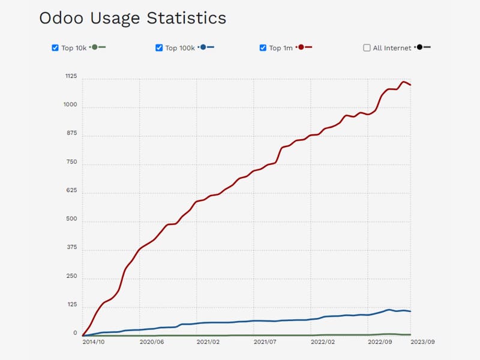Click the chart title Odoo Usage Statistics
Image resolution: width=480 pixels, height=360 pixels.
[x=133, y=18]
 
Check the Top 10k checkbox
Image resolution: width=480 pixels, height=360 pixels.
[x=55, y=48]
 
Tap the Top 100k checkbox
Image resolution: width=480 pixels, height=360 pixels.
[x=159, y=48]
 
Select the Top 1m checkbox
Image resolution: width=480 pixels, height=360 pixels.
[x=263, y=48]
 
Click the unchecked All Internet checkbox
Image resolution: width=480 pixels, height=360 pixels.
[x=367, y=48]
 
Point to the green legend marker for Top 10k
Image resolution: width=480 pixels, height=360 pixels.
[x=95, y=47]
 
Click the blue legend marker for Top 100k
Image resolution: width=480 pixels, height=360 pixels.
[x=203, y=47]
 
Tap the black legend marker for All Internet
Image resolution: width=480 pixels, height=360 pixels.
[x=419, y=47]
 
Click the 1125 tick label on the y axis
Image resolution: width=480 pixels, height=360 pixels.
[x=71, y=76]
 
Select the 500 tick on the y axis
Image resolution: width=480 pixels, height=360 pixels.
[x=71, y=219]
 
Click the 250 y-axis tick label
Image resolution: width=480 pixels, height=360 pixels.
[x=71, y=276]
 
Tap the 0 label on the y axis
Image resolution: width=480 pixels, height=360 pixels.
[x=75, y=333]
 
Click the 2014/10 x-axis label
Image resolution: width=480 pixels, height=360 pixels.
[x=94, y=341]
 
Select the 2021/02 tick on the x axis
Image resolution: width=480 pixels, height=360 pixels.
[x=208, y=341]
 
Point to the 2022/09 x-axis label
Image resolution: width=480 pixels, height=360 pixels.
[x=379, y=341]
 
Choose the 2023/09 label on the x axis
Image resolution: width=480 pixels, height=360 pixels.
[x=422, y=341]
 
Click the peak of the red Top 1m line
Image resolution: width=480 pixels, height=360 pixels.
[x=404, y=82]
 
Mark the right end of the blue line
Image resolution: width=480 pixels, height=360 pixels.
[x=410, y=311]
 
